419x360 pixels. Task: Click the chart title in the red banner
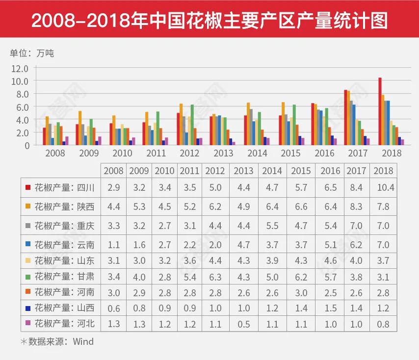coord(209,21)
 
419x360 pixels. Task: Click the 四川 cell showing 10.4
coord(384,187)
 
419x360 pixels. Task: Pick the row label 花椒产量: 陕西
coord(64,206)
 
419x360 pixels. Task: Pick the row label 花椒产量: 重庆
coord(64,226)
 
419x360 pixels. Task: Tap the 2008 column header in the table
coord(113,171)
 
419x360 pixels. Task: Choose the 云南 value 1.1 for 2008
coord(113,245)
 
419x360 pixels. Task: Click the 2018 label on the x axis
coord(391,153)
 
